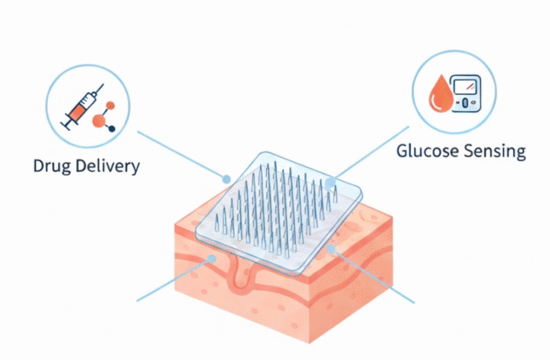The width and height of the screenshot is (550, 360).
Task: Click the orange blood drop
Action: pyautogui.click(x=437, y=96)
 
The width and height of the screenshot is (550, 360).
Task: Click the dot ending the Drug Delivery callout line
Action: pyautogui.click(x=226, y=179)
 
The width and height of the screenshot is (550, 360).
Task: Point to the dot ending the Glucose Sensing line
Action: pyautogui.click(x=329, y=183)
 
